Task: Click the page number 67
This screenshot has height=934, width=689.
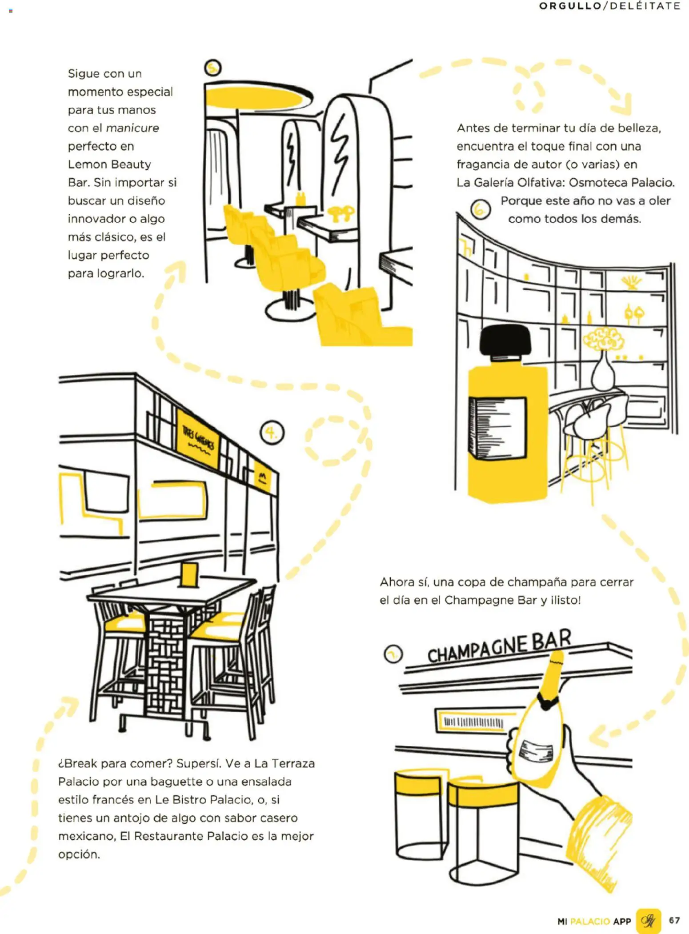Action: pyautogui.click(x=674, y=920)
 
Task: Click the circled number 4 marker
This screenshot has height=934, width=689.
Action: pyautogui.click(x=272, y=433)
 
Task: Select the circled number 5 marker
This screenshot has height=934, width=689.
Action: pyautogui.click(x=213, y=68)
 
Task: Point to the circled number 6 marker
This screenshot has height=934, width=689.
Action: pyautogui.click(x=481, y=209)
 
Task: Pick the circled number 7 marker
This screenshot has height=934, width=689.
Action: pyautogui.click(x=393, y=654)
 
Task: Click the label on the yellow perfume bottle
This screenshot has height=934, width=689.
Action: pyautogui.click(x=497, y=428)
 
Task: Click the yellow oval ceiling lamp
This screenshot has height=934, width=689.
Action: pyautogui.click(x=259, y=97)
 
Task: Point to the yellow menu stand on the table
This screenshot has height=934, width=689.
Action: pyautogui.click(x=189, y=575)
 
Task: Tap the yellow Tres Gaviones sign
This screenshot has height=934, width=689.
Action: pyautogui.click(x=198, y=439)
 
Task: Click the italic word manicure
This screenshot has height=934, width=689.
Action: pyautogui.click(x=132, y=128)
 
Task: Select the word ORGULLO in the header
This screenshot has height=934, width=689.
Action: pyautogui.click(x=570, y=6)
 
